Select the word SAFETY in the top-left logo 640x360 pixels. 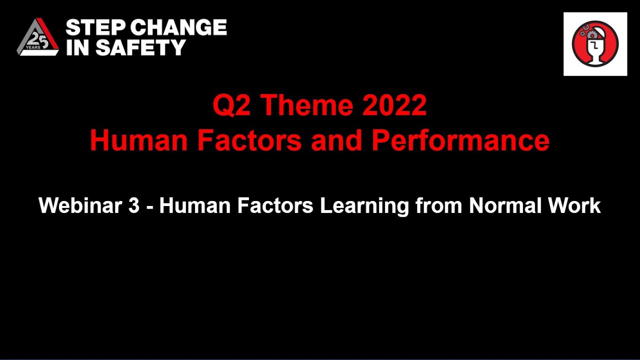tap(141, 47)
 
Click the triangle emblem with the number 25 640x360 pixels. tap(38, 37)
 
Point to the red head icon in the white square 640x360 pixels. tap(595, 44)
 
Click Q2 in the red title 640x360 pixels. tap(231, 105)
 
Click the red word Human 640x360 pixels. tap(138, 140)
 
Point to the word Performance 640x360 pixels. tap(460, 140)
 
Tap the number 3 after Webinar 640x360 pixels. tap(133, 205)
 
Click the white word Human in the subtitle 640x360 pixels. tap(194, 205)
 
